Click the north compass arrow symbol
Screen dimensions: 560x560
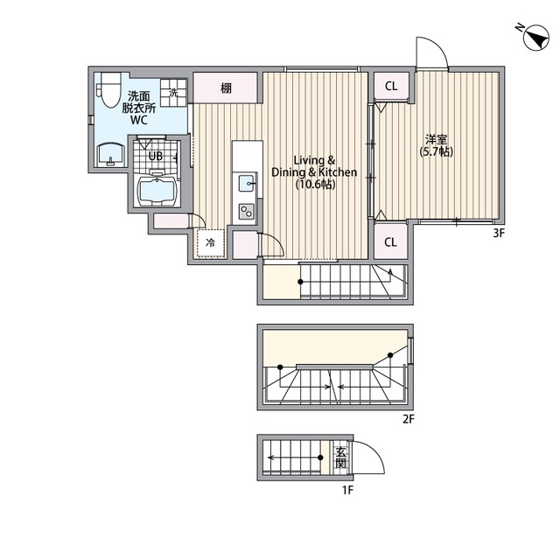pyautogui.click(x=535, y=38)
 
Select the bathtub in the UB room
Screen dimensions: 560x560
pyautogui.click(x=157, y=191)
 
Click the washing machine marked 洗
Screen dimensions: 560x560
pyautogui.click(x=173, y=93)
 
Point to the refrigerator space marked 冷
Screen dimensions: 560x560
pyautogui.click(x=210, y=243)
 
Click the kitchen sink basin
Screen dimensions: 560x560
pyautogui.click(x=247, y=185)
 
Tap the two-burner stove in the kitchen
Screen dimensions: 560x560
pyautogui.click(x=247, y=211)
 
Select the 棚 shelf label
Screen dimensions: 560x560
pyautogui.click(x=226, y=87)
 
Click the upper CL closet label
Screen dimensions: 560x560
pyautogui.click(x=391, y=86)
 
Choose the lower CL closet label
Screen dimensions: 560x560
pyautogui.click(x=390, y=242)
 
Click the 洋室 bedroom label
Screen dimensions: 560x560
pyautogui.click(x=436, y=139)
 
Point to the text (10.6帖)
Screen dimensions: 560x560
pyautogui.click(x=315, y=185)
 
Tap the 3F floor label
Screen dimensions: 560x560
pyautogui.click(x=499, y=234)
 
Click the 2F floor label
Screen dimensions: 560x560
pyautogui.click(x=409, y=418)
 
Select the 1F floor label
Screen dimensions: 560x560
pyautogui.click(x=348, y=490)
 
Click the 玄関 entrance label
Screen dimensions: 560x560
pyautogui.click(x=340, y=458)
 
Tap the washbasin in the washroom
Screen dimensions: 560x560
pyautogui.click(x=111, y=155)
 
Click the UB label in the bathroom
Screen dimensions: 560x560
pyautogui.click(x=156, y=156)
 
